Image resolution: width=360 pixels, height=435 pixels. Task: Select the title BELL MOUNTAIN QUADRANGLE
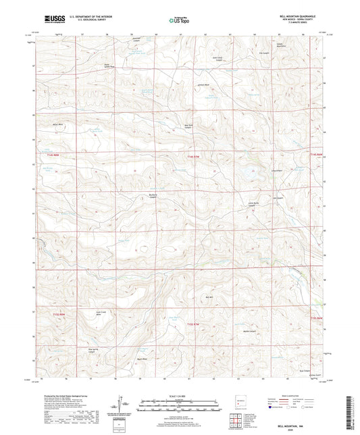[295, 14]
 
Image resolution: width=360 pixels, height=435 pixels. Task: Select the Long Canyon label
[276, 171]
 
